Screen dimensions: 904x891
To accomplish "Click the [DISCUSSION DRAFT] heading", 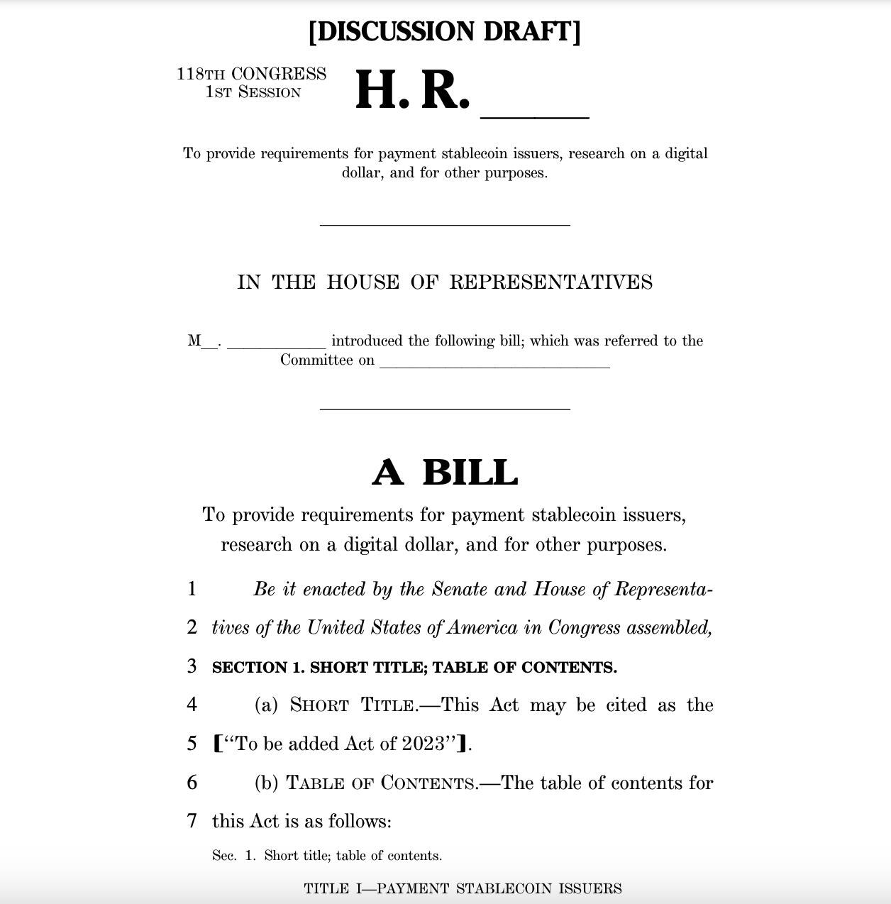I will [445, 32].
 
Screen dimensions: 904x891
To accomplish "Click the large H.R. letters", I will [412, 91].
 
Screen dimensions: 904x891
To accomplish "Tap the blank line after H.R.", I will [535, 114].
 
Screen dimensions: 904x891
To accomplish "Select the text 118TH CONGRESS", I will [251, 74].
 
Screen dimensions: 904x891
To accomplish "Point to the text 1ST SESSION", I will [253, 92].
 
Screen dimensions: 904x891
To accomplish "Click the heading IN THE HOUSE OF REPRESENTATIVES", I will [445, 282].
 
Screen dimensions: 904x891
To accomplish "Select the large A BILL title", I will [445, 473].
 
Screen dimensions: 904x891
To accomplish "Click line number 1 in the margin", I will [192, 589].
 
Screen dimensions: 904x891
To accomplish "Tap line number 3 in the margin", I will [192, 666].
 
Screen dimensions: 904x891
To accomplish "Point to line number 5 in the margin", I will [192, 744].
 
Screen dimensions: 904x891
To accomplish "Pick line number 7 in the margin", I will [192, 821].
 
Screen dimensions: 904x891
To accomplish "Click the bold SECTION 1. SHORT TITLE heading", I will [414, 668].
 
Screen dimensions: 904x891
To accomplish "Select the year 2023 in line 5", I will [423, 744].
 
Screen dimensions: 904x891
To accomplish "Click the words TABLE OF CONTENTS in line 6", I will [381, 783].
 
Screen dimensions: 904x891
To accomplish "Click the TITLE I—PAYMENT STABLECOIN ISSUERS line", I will [463, 888].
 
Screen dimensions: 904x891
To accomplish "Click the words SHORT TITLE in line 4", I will [353, 705].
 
